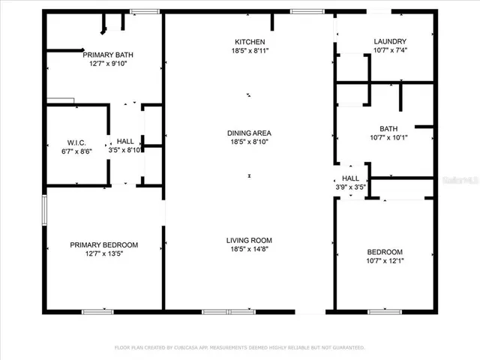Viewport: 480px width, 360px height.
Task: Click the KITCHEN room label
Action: pyautogui.click(x=249, y=41)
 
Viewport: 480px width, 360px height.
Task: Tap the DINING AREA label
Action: pyautogui.click(x=249, y=133)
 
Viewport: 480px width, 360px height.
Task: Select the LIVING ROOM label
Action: pyautogui.click(x=249, y=241)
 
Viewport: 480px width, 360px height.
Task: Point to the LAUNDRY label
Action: pyautogui.click(x=390, y=41)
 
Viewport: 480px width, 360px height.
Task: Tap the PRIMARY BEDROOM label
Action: pyautogui.click(x=104, y=244)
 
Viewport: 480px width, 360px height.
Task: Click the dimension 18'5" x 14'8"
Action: pyautogui.click(x=249, y=250)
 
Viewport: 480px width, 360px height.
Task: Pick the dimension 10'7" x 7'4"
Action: pyautogui.click(x=390, y=50)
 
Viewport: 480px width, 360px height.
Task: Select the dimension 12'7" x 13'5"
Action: pyautogui.click(x=104, y=254)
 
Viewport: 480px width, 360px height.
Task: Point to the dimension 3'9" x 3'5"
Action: pyautogui.click(x=350, y=187)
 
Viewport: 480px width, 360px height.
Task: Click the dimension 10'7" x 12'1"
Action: pyautogui.click(x=385, y=261)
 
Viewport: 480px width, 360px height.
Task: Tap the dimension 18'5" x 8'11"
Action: pyautogui.click(x=249, y=50)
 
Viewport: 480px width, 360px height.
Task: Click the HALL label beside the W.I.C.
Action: pyautogui.click(x=125, y=142)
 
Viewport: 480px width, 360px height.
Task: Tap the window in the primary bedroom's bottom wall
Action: pyautogui.click(x=97, y=311)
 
